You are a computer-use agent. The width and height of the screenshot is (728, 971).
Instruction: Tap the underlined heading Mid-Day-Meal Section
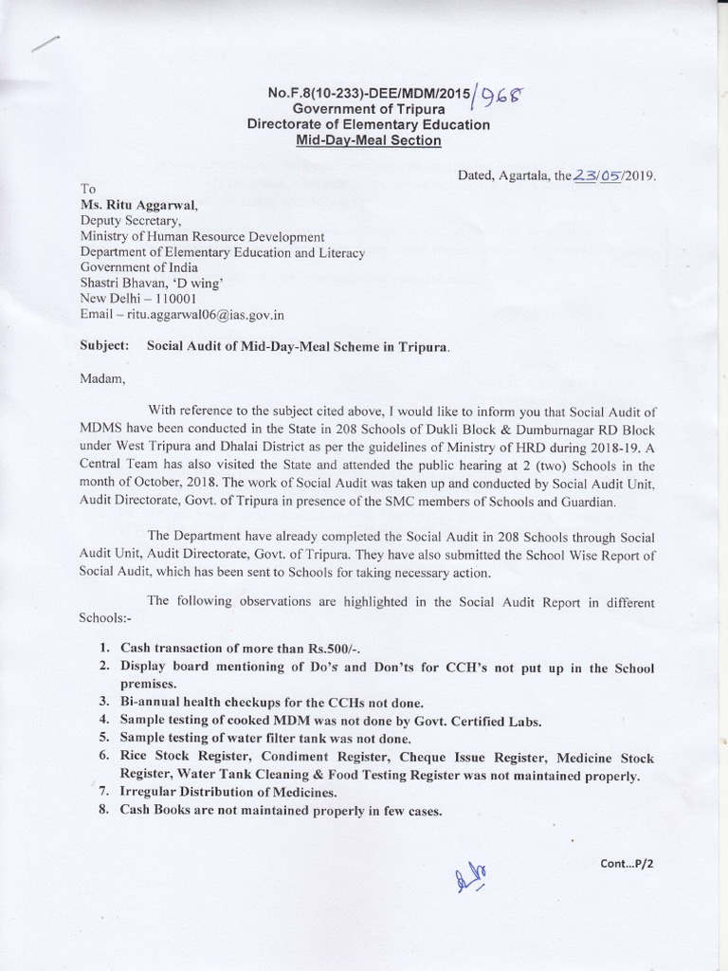click(369, 140)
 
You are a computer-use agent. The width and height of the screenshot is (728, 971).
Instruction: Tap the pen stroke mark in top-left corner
click(45, 45)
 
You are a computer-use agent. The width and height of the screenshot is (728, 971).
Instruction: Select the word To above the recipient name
click(88, 188)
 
